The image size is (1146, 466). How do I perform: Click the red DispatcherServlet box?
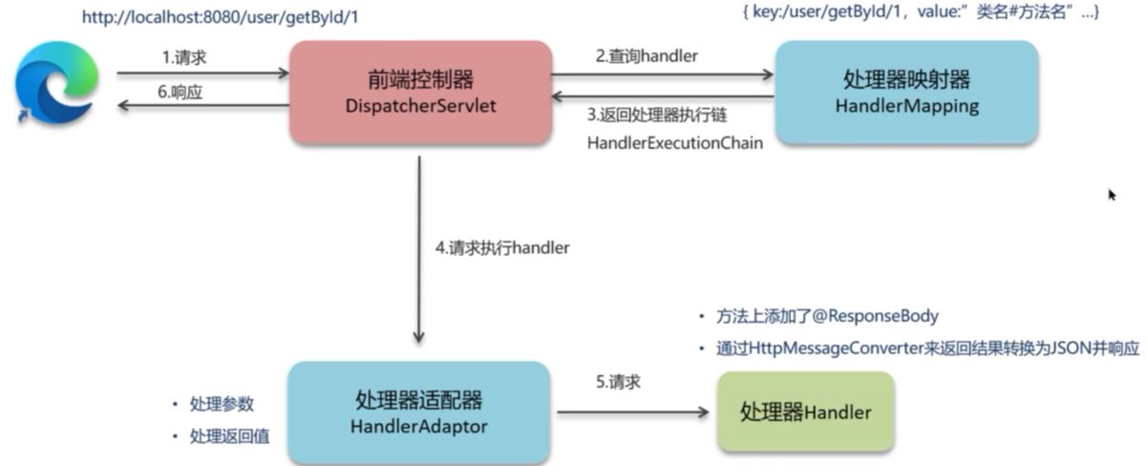coord(420,92)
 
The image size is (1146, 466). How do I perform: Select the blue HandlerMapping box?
coord(905,92)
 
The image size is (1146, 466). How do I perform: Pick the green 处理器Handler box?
coord(805,413)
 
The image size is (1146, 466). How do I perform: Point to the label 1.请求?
coord(183,57)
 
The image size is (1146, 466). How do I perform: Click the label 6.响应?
coord(183,93)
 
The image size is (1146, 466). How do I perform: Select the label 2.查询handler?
coord(647,56)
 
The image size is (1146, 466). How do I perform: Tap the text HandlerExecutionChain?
coord(674,141)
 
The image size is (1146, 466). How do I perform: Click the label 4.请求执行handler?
coord(502,247)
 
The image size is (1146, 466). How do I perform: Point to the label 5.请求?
coord(618,382)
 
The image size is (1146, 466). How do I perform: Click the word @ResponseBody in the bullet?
coord(877,316)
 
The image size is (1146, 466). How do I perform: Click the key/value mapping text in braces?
coord(920,13)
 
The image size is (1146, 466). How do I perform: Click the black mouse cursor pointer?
coord(1112,195)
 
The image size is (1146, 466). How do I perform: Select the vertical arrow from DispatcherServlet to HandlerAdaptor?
coord(419,248)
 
